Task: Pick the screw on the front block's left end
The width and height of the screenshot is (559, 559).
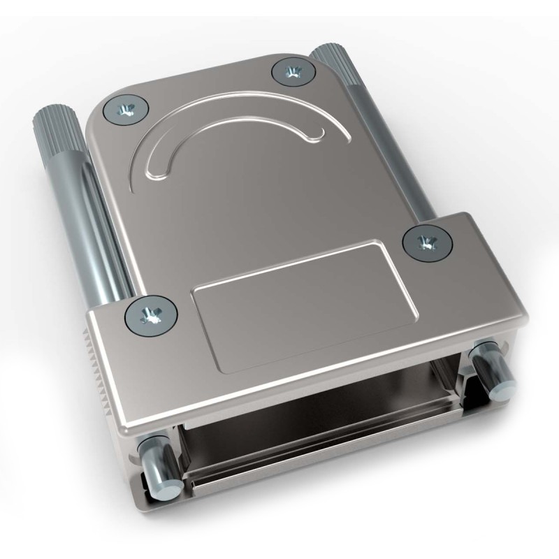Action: pos(150,315)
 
